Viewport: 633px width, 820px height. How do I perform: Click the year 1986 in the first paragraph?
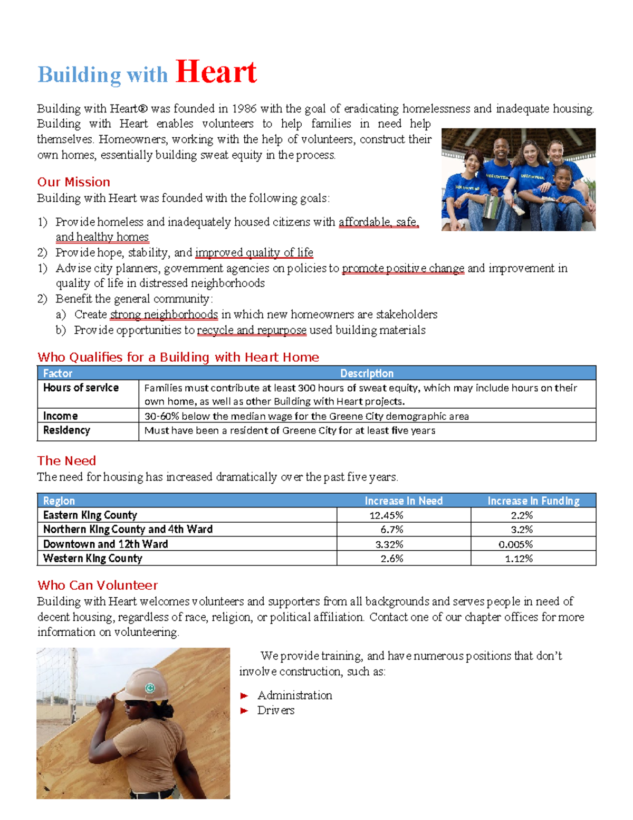244,109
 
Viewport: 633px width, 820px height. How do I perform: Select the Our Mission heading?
73,182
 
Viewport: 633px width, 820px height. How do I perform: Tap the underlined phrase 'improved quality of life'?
254,252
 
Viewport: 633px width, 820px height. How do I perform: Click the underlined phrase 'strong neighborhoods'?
164,315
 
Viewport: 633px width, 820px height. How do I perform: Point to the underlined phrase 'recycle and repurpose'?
251,331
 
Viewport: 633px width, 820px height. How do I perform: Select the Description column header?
367,373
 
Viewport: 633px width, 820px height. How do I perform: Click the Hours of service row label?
81,388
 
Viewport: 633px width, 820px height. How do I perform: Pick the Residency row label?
66,430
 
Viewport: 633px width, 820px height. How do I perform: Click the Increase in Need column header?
404,501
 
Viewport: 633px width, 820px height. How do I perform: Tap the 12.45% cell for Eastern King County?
386,515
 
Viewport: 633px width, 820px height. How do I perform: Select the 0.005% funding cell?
515,544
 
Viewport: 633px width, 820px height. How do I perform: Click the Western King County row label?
93,559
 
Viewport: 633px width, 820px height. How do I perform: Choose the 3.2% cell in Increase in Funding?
522,530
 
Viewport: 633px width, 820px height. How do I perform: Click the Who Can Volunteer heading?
98,586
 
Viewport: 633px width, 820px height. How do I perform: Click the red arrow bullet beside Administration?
244,696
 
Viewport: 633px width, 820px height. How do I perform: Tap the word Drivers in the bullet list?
275,711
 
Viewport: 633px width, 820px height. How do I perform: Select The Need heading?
66,461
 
